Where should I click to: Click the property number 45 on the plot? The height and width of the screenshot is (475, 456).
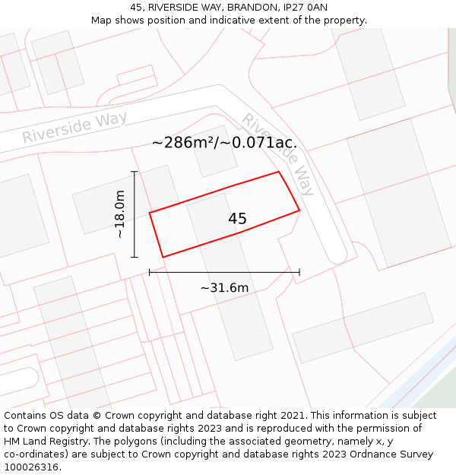tap(237, 219)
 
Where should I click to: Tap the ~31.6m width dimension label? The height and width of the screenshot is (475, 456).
tap(224, 288)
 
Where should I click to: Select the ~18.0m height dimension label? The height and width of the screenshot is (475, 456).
tap(120, 214)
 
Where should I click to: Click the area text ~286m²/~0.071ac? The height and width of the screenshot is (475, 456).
tap(224, 142)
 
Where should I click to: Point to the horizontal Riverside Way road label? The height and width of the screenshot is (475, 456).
tap(74, 127)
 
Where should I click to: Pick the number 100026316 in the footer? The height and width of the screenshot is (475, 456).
tap(32, 467)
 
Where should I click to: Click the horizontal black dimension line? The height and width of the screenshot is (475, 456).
tap(224, 271)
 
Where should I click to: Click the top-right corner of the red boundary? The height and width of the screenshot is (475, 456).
tap(279, 172)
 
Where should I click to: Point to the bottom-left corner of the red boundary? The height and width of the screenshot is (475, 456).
tap(163, 257)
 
